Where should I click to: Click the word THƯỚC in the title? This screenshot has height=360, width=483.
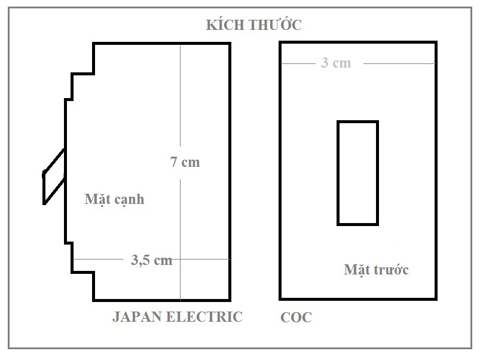[274, 25]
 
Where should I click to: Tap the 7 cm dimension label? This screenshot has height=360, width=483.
[185, 162]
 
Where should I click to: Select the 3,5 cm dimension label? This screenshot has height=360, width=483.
[152, 260]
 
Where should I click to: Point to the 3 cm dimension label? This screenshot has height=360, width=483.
[336, 63]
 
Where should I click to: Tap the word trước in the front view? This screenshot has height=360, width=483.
[391, 270]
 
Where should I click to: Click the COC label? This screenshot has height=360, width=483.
[296, 318]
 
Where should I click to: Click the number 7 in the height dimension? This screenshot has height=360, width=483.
[174, 162]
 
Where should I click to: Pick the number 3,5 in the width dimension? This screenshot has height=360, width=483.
[140, 260]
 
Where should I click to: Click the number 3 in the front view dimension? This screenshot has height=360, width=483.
[325, 63]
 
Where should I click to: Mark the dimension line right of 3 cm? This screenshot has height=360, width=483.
[399, 64]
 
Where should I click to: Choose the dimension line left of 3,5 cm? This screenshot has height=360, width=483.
[98, 259]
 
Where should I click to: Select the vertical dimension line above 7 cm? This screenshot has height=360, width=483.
[180, 96]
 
